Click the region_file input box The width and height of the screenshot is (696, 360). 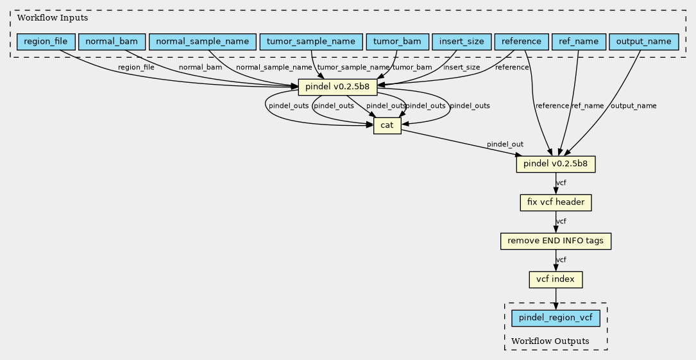click(x=46, y=42)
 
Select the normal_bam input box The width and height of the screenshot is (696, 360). click(x=112, y=42)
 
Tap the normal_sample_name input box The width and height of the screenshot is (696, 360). click(x=203, y=42)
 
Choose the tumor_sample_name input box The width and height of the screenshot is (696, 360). click(x=311, y=42)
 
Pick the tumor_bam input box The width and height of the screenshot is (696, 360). click(x=397, y=42)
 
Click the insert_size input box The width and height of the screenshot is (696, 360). click(x=462, y=42)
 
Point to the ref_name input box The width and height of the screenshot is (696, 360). click(x=579, y=42)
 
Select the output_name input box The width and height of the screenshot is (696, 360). click(x=643, y=42)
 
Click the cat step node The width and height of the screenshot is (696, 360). click(x=387, y=126)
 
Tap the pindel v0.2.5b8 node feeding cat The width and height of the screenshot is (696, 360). click(x=338, y=87)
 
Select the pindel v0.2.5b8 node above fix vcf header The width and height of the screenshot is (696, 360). click(x=556, y=164)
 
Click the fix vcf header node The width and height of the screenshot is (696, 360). click(x=556, y=203)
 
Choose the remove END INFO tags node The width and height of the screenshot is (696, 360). click(x=556, y=241)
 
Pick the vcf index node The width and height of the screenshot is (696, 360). click(x=556, y=280)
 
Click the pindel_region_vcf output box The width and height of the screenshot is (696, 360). click(x=556, y=318)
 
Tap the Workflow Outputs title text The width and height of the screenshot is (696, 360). click(x=550, y=341)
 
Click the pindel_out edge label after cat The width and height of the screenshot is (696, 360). click(x=505, y=144)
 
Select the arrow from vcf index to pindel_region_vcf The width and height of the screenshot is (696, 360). click(x=556, y=299)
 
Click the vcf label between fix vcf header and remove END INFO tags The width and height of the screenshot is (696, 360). click(x=561, y=221)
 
